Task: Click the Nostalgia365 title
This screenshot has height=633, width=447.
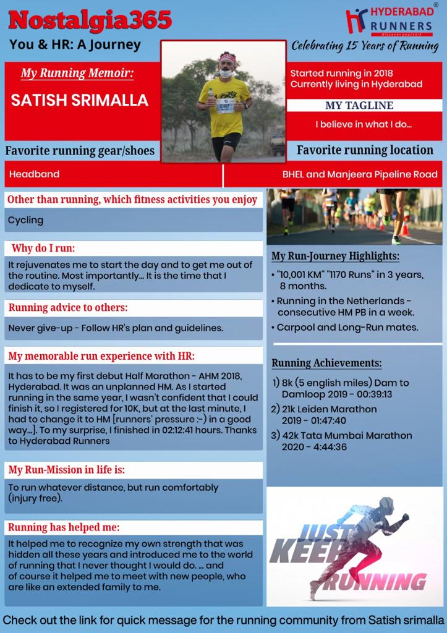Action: click(x=90, y=20)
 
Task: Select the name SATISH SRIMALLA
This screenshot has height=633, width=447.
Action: click(x=80, y=100)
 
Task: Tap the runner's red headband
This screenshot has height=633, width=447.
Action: click(x=227, y=59)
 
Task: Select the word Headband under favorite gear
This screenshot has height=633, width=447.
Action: click(x=34, y=174)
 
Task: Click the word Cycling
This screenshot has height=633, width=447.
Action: click(x=25, y=220)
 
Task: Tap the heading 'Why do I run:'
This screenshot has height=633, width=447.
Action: click(x=43, y=249)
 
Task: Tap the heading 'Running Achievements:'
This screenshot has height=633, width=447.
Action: click(x=326, y=363)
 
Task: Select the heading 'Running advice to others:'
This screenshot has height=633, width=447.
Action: click(x=68, y=307)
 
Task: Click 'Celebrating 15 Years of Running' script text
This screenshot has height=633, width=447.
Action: click(x=365, y=46)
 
